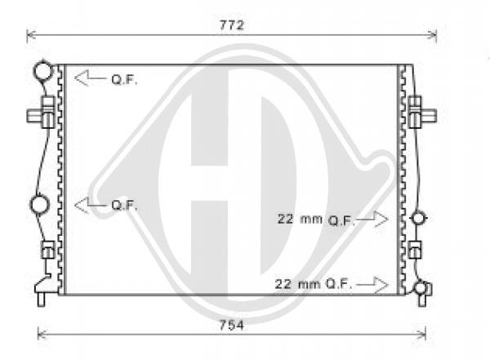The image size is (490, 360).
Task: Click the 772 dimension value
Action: [x=232, y=25]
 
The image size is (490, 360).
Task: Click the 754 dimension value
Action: [x=232, y=326]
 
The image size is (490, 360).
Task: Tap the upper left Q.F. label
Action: [x=124, y=80]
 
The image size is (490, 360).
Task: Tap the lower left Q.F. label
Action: [x=124, y=206]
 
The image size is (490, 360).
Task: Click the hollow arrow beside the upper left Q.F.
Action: [x=91, y=78]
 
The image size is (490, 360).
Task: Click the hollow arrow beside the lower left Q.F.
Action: [x=91, y=205]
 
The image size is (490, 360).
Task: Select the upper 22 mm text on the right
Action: [x=300, y=219]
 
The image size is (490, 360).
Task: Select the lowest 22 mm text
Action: [x=297, y=284]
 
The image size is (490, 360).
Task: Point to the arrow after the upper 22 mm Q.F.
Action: [x=372, y=219]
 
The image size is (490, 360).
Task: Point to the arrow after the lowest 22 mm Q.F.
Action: [x=372, y=284]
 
